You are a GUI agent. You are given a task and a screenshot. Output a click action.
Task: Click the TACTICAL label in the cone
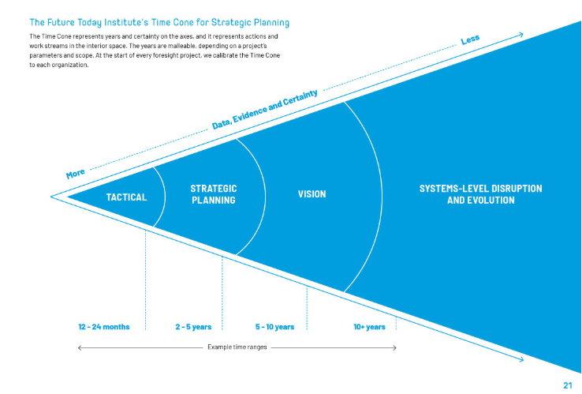126,197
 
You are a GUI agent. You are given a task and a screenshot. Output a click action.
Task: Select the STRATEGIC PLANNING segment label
214,194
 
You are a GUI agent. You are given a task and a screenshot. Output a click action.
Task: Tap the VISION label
312,194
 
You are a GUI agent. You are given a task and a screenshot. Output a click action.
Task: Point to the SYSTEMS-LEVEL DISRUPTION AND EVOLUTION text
481,194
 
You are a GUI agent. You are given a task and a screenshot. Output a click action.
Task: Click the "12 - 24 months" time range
104,327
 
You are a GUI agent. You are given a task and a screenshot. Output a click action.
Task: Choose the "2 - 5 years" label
193,327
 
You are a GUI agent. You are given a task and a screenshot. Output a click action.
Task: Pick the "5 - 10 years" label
274,327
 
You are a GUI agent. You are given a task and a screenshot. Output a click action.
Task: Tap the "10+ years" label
369,327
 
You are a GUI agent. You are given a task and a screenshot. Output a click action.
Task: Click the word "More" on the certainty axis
76,173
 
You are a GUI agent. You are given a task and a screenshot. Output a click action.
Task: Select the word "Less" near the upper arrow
470,39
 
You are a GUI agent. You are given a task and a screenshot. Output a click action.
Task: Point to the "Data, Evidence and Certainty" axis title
265,109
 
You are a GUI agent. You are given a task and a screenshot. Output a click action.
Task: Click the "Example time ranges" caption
237,347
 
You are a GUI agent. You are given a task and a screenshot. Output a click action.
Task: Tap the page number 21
568,385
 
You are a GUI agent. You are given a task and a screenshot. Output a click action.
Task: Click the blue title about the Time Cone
159,22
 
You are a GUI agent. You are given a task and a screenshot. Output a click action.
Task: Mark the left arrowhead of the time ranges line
79,348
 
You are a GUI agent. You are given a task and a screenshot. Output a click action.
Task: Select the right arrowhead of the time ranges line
395,348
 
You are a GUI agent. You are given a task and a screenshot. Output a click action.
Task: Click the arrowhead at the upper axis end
521,35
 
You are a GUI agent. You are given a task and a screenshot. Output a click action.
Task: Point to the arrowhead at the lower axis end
521,359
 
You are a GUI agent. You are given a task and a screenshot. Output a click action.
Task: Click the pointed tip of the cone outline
51,197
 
